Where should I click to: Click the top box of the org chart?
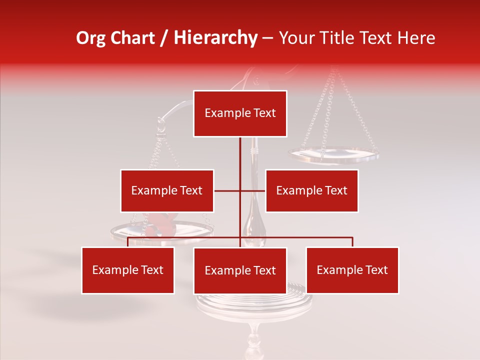[240, 113]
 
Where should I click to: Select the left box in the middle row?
[167, 190]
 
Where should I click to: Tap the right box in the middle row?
[311, 190]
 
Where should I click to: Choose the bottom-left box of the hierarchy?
[128, 270]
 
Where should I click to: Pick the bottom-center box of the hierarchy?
[240, 270]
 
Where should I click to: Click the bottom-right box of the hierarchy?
[352, 270]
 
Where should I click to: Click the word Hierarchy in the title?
[215, 38]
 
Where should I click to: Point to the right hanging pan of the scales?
[333, 155]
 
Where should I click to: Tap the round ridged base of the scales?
[254, 300]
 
